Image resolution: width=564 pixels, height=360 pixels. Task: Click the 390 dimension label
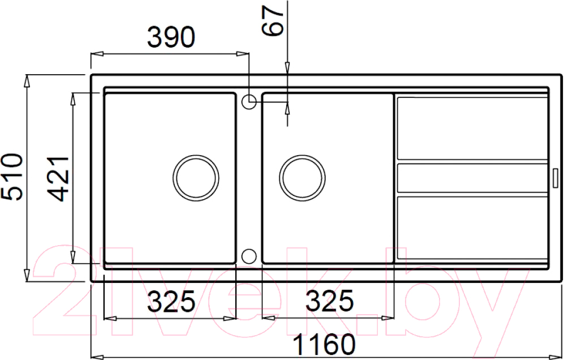point(171,37)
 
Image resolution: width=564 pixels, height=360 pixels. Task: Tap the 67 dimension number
point(272,22)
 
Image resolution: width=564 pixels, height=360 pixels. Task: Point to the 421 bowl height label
point(58,179)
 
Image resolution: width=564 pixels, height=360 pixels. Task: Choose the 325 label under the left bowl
point(171,301)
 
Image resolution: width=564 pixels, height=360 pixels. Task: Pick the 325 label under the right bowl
point(329,301)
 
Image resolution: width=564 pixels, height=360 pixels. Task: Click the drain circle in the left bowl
point(196,178)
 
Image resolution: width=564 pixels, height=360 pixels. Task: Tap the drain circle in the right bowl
point(302,178)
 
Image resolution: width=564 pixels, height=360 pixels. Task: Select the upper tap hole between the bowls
point(249,102)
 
